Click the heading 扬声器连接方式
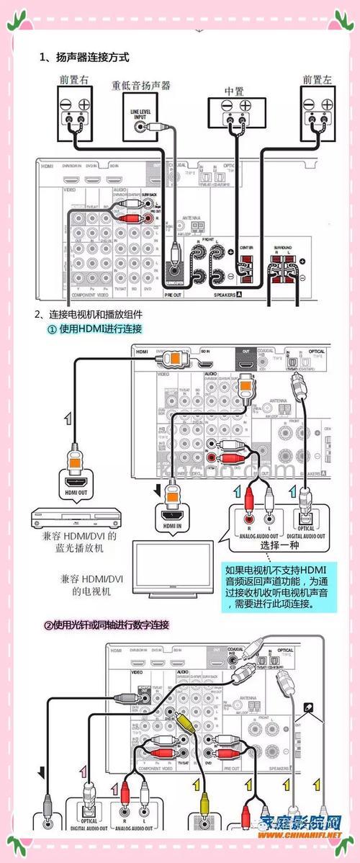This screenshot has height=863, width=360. pyautogui.click(x=86, y=57)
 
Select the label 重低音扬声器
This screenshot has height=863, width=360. pyautogui.click(x=140, y=85)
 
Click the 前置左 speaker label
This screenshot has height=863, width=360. pyautogui.click(x=317, y=80)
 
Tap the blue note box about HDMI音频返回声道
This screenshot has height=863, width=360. pyautogui.click(x=279, y=583)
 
